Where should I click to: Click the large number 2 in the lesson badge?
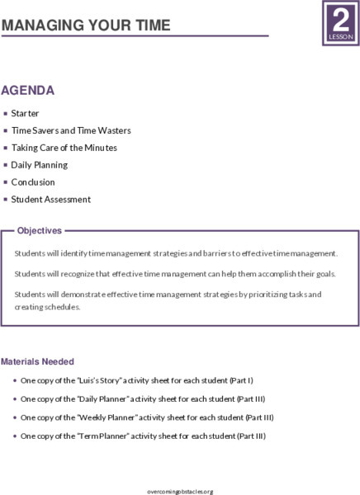pyautogui.click(x=339, y=18)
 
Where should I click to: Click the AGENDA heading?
pyautogui.click(x=28, y=91)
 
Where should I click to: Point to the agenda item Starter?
pyautogui.click(x=25, y=113)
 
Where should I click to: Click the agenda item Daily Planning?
pyautogui.click(x=40, y=165)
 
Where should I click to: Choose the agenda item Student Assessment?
pyautogui.click(x=51, y=200)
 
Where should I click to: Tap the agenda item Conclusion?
pyautogui.click(x=33, y=182)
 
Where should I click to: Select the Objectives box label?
pyautogui.click(x=40, y=231)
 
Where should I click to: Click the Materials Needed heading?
pyautogui.click(x=37, y=361)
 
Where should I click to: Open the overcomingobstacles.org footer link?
pyautogui.click(x=179, y=491)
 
